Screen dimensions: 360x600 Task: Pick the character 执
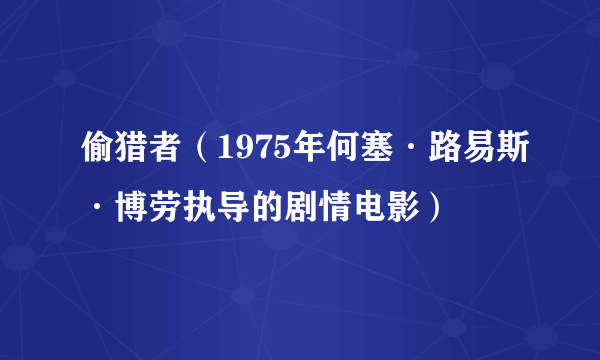[x=190, y=207]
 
